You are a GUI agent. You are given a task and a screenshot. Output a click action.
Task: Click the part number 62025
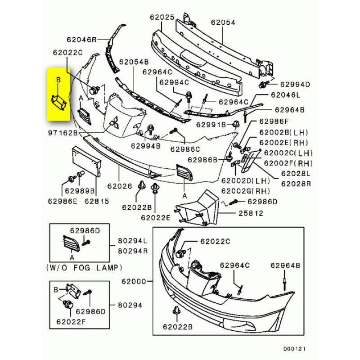162,18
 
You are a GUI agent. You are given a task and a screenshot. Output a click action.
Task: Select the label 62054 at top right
223,21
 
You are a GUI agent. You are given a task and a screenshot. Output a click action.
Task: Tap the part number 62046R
82,40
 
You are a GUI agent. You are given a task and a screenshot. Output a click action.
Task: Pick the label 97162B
63,134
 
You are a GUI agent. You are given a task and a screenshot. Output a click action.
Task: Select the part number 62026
119,185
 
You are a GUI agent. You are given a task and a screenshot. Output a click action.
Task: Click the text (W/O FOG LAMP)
85,268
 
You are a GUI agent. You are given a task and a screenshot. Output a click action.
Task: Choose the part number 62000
134,282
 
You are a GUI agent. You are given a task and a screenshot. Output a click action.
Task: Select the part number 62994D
295,84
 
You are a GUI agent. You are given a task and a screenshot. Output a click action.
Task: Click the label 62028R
296,183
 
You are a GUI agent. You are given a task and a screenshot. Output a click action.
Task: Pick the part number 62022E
156,218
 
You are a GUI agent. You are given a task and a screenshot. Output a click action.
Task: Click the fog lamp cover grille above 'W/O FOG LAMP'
71,243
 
